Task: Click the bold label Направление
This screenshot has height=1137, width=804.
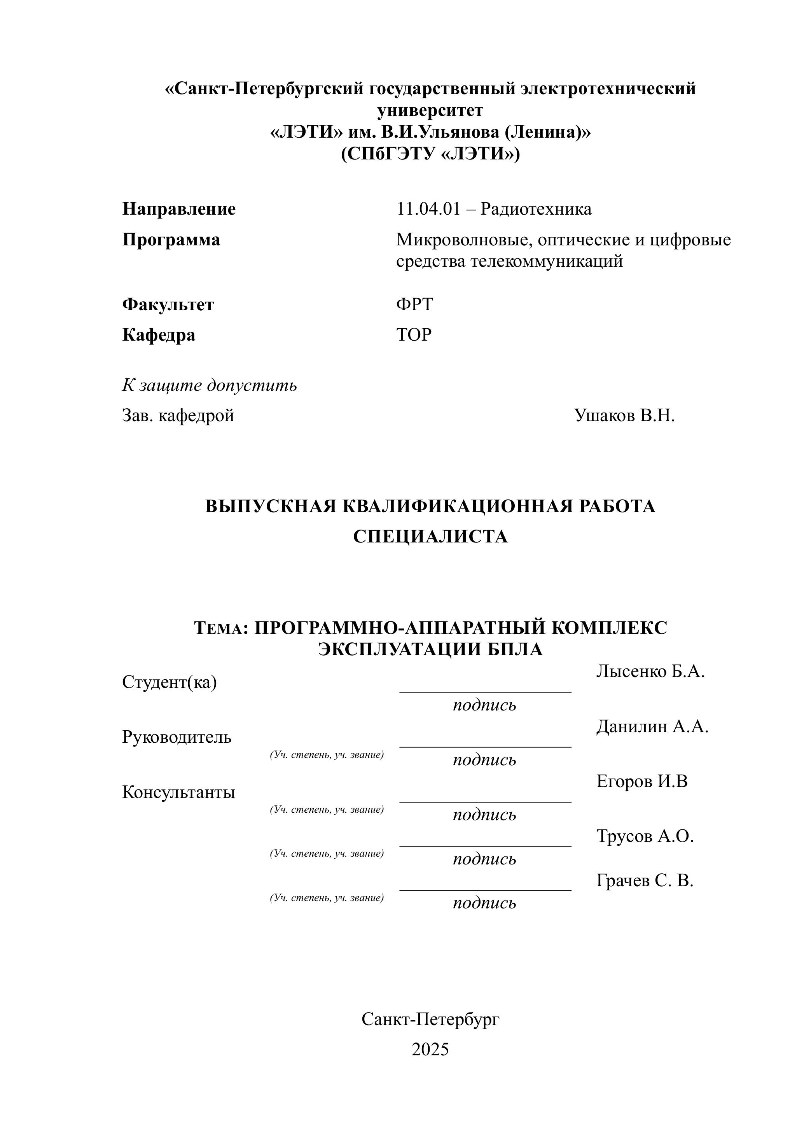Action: click(179, 209)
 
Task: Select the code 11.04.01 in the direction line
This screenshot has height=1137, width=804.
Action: click(428, 209)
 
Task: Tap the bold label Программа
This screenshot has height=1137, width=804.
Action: click(171, 240)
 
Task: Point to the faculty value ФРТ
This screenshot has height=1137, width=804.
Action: click(414, 304)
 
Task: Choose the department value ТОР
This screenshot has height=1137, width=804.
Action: click(414, 335)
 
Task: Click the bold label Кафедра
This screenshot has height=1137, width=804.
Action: click(158, 335)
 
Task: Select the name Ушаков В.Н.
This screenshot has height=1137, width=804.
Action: click(624, 415)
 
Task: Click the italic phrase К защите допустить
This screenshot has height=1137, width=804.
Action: click(210, 385)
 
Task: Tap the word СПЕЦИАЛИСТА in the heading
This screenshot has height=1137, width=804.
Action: click(430, 537)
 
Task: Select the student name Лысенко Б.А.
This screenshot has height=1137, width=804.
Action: click(650, 672)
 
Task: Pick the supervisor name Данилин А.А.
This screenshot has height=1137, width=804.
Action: click(652, 726)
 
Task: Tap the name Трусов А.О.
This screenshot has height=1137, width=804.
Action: click(645, 836)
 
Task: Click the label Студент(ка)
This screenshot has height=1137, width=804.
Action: click(170, 682)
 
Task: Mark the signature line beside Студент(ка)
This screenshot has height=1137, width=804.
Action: click(485, 691)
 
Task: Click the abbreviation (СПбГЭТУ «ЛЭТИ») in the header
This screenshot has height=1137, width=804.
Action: click(430, 154)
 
